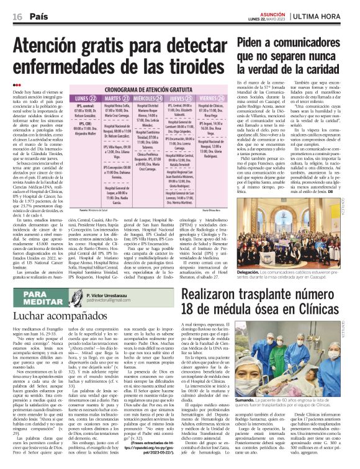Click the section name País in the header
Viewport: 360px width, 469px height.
coord(39,16)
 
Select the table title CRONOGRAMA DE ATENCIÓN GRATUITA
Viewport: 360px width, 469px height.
coord(148,89)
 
